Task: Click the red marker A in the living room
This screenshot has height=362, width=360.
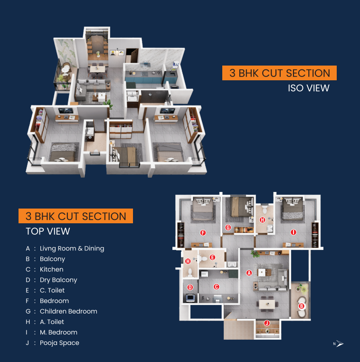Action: pos(249,273)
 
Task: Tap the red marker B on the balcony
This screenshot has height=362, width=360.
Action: pos(302,306)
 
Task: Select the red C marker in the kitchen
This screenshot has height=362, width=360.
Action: pos(216,286)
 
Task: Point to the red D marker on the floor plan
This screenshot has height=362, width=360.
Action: pos(190,287)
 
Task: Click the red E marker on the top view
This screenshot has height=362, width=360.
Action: pos(212,257)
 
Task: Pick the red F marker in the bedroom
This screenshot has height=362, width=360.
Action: pos(203,232)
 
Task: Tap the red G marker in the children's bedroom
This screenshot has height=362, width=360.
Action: pos(228,228)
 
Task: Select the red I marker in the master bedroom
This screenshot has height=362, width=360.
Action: pos(294,232)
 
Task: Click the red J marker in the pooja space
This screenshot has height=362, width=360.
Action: pos(267,323)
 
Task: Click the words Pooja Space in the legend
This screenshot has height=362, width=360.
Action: pos(59,343)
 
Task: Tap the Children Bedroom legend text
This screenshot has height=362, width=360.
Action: pos(68,311)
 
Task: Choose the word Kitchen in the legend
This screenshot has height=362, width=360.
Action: pos(51,269)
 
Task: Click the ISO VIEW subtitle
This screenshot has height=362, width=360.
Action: pos(309,88)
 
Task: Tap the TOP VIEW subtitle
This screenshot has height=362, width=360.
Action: pos(48,231)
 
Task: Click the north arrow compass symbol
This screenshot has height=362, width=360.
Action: pos(340,343)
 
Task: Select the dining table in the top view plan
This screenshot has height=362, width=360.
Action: pos(267,304)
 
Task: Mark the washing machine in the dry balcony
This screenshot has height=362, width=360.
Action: pos(190,298)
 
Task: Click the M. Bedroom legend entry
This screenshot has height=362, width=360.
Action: pos(58,332)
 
